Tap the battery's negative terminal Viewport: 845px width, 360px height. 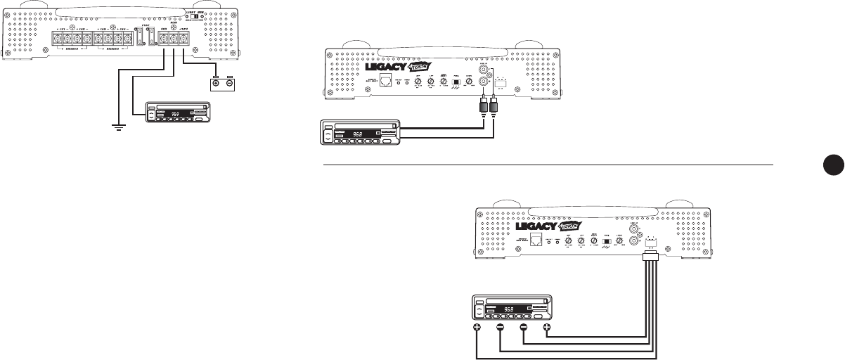coord(230,84)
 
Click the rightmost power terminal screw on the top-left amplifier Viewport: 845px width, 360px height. coord(183,40)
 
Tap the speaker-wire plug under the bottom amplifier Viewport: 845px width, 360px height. coord(650,259)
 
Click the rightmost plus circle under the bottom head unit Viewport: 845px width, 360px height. coord(546,327)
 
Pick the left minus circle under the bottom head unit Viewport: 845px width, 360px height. coord(500,327)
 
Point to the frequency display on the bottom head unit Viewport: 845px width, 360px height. coord(508,309)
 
